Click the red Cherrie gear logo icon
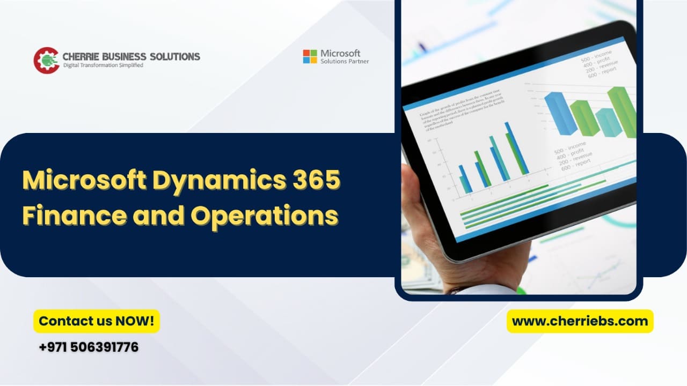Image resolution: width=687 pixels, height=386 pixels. pyautogui.click(x=46, y=60)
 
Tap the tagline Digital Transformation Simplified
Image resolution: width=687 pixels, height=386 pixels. pyautogui.click(x=103, y=65)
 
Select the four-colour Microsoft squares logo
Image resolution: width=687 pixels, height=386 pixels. pyautogui.click(x=310, y=56)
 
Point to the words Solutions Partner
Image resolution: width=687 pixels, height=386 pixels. pyautogui.click(x=345, y=62)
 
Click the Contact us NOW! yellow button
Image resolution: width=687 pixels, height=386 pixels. pyautogui.click(x=97, y=321)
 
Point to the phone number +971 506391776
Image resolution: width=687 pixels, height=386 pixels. pyautogui.click(x=89, y=347)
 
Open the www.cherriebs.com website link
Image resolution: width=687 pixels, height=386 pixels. pyautogui.click(x=580, y=321)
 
